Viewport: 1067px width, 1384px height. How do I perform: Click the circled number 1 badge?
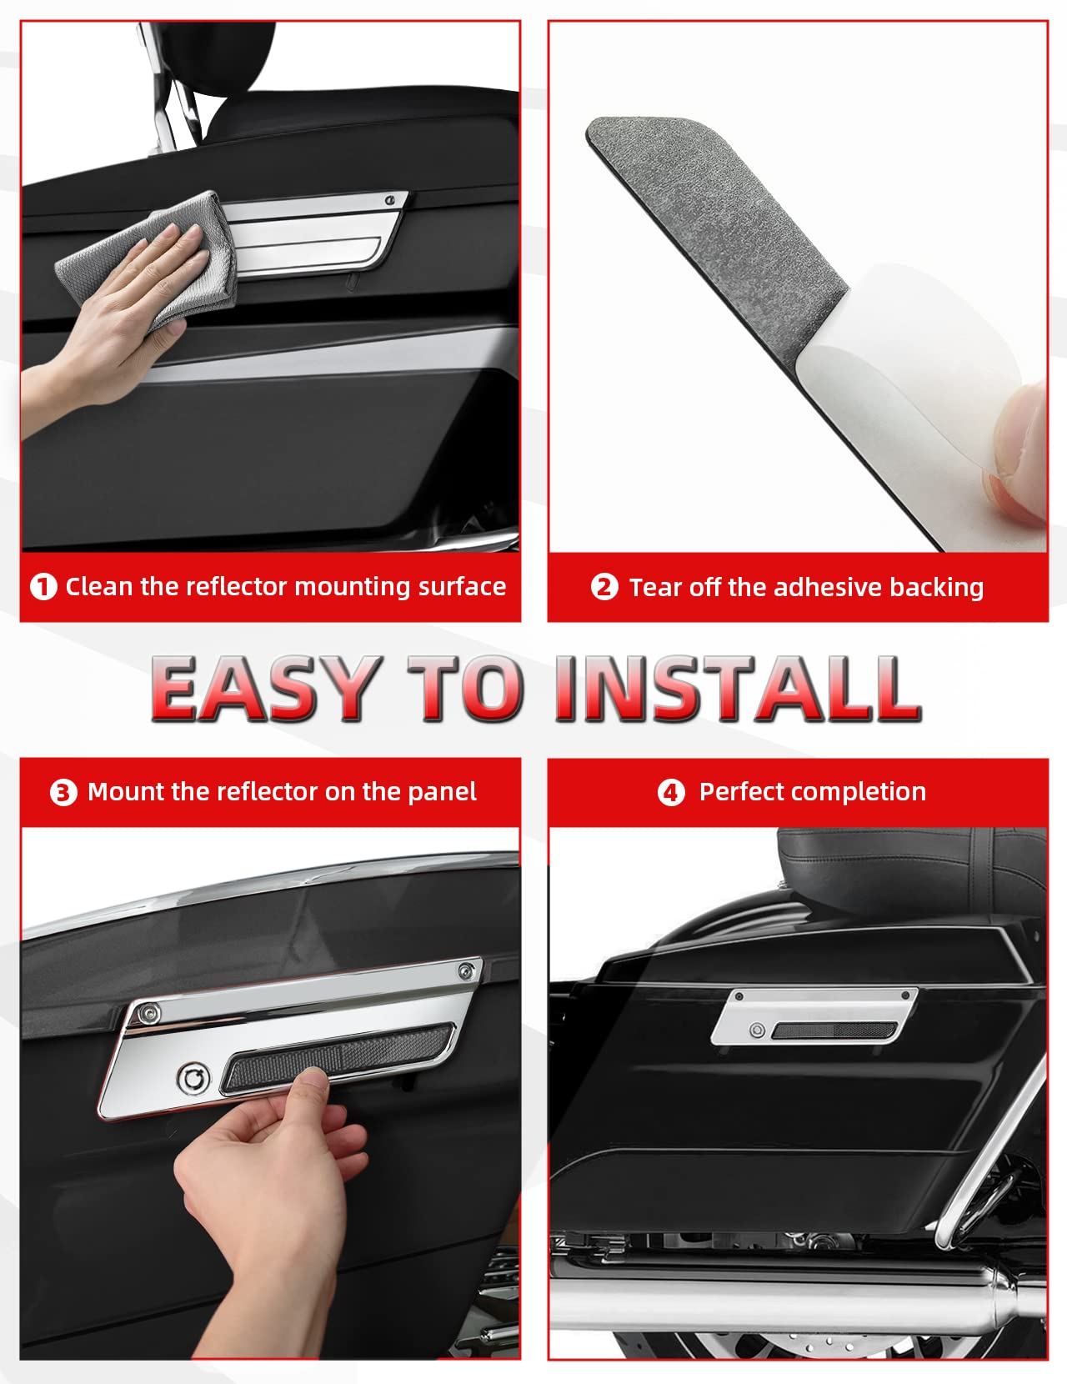[x=43, y=587]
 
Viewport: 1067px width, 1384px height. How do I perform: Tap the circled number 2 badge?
[x=604, y=587]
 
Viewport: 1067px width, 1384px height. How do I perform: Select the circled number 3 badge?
[x=63, y=792]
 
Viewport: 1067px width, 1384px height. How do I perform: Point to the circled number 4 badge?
[x=671, y=793]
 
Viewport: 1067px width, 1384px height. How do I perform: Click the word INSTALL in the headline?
[x=739, y=689]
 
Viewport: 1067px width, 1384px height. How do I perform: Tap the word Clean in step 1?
[x=99, y=586]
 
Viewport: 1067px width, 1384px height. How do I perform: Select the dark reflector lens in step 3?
[x=338, y=1056]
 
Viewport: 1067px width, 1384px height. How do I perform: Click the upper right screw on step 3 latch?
[x=467, y=972]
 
